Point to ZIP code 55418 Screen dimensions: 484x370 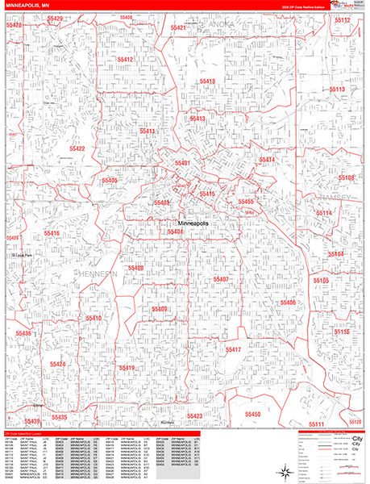click(x=207, y=82)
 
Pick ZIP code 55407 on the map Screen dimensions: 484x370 click(x=222, y=279)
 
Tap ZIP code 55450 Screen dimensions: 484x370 click(x=252, y=414)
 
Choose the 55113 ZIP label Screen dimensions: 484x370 click(x=336, y=90)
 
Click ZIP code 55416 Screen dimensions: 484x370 click(x=51, y=233)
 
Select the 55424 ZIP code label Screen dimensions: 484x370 click(x=57, y=365)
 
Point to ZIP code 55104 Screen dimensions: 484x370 click(x=335, y=254)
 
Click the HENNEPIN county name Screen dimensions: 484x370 click(x=101, y=277)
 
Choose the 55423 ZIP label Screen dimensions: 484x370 click(x=193, y=416)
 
